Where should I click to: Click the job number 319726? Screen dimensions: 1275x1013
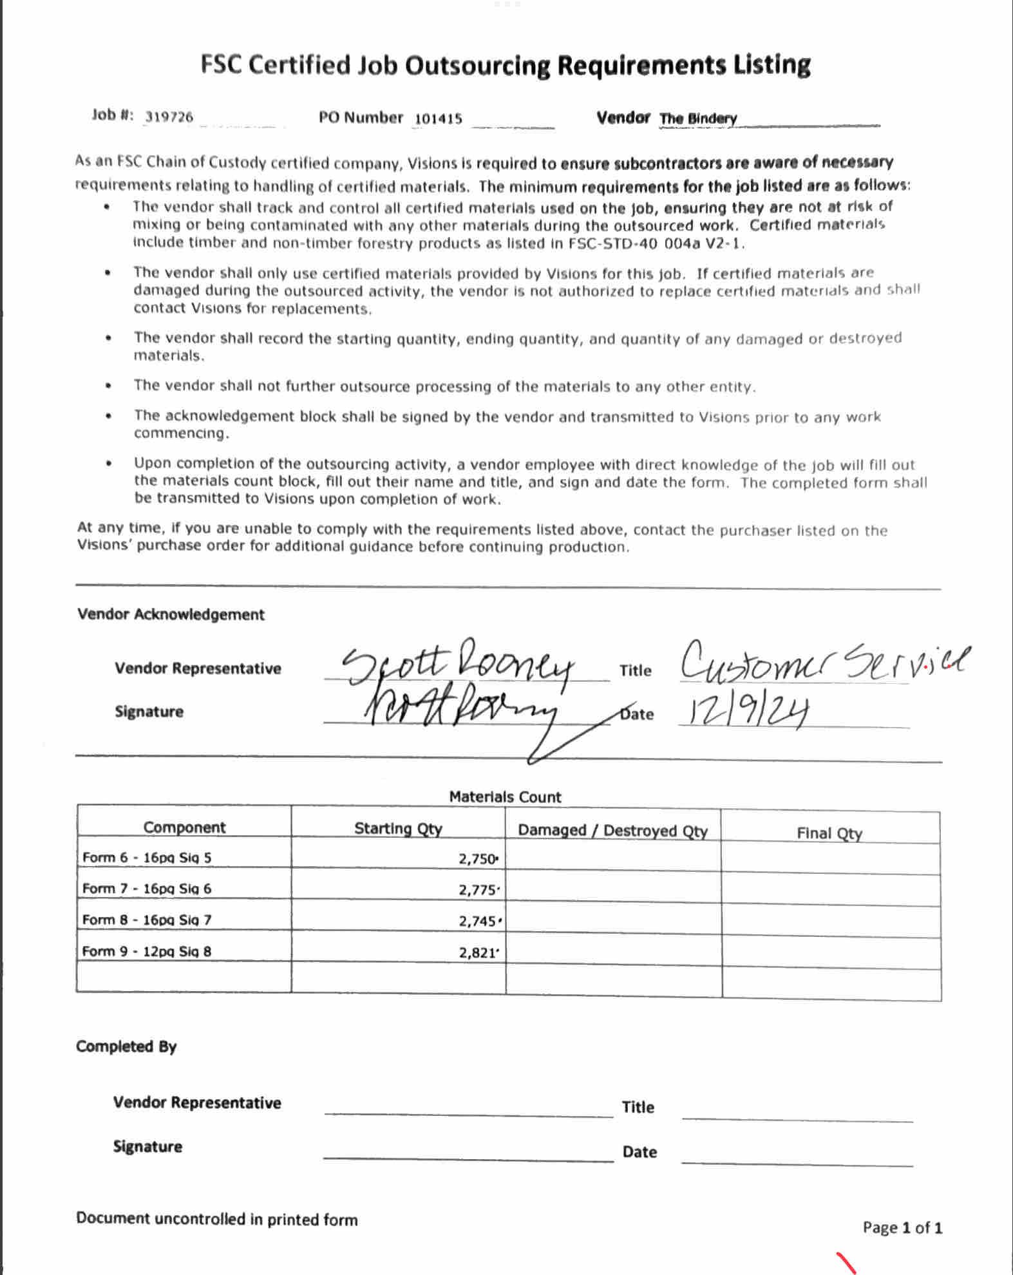pyautogui.click(x=169, y=117)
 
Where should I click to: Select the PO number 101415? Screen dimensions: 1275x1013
pyautogui.click(x=438, y=118)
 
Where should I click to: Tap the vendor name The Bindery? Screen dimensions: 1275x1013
pyautogui.click(x=698, y=118)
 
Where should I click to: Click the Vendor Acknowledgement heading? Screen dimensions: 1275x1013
pyautogui.click(x=171, y=614)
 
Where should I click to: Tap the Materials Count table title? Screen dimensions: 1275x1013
pyautogui.click(x=505, y=797)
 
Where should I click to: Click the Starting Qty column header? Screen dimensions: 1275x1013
pyautogui.click(x=398, y=828)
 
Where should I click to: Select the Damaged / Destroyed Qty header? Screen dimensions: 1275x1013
pyautogui.click(x=612, y=830)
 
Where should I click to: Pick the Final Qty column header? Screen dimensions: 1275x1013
pyautogui.click(x=829, y=833)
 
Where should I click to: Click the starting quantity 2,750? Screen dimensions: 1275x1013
pyautogui.click(x=478, y=859)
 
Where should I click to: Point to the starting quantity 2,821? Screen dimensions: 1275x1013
pyautogui.click(x=478, y=952)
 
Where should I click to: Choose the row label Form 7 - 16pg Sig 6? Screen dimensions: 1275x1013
pyautogui.click(x=147, y=889)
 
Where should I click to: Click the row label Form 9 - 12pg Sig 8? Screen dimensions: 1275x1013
pyautogui.click(x=147, y=951)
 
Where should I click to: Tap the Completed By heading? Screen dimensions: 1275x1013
pyautogui.click(x=126, y=1046)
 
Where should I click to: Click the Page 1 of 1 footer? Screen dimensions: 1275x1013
pyautogui.click(x=902, y=1228)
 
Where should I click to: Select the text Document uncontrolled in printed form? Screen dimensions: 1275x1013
pyautogui.click(x=216, y=1219)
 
